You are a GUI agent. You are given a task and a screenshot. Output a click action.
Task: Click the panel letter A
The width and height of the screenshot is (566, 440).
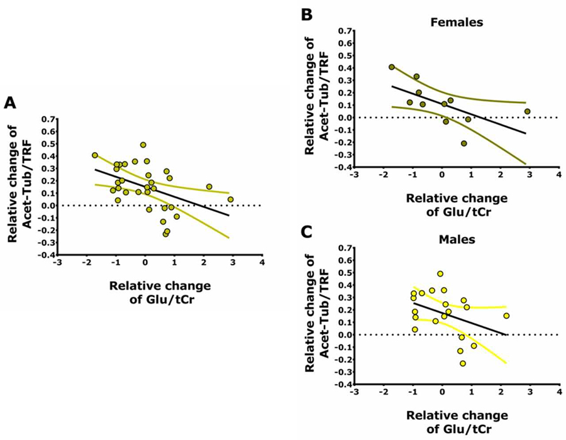point(11,103)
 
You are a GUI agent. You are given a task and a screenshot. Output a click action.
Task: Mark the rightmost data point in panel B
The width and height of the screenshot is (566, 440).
point(528,111)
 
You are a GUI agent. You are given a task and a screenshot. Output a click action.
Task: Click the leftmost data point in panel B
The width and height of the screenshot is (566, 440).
point(392,67)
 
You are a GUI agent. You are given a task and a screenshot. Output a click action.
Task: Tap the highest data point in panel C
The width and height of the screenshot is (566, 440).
point(440,274)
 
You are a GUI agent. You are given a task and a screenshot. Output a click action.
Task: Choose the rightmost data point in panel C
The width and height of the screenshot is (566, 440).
point(506,316)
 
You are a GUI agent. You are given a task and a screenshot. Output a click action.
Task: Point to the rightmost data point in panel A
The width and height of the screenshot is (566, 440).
point(231,199)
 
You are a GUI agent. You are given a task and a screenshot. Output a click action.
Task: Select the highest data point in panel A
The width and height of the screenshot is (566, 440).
point(143,145)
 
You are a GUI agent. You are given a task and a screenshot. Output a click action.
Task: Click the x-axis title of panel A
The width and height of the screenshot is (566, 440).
point(160,294)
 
